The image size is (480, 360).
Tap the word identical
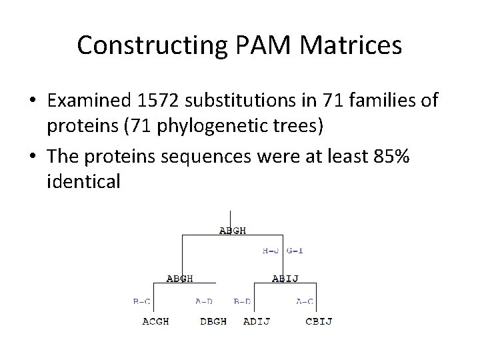tap(84, 181)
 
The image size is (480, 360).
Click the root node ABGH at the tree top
tap(233, 231)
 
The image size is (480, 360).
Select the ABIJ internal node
tap(285, 279)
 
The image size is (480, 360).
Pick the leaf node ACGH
tap(155, 321)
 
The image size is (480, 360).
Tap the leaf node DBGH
tap(213, 321)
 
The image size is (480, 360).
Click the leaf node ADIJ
tap(257, 321)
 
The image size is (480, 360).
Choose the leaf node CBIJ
tap(319, 321)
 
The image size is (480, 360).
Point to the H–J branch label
tap(271, 251)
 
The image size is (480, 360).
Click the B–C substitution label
tap(141, 301)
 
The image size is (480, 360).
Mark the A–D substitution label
tap(204, 301)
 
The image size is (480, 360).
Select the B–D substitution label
tap(242, 301)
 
